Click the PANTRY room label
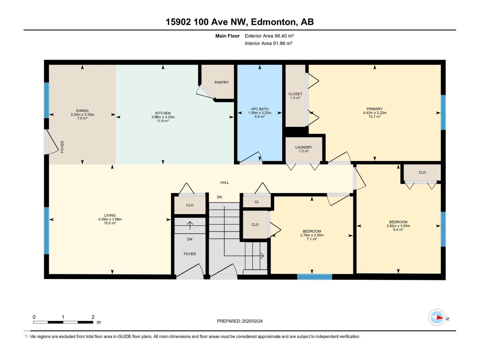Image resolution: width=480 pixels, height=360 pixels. tap(221, 82)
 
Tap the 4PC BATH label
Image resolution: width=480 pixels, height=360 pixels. tap(259, 109)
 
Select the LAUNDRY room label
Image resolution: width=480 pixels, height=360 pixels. tap(304, 147)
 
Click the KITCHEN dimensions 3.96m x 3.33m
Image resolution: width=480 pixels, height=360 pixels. tap(163, 117)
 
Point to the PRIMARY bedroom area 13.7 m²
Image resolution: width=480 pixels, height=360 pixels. tap(374, 117)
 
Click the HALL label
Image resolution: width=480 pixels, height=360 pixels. tap(224, 182)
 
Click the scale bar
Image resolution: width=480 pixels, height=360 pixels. tap(63, 322)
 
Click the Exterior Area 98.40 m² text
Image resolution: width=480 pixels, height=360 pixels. tap(269, 36)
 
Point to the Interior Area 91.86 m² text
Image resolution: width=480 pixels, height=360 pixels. tap(268, 43)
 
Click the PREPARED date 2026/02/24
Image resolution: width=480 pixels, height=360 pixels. tap(240, 321)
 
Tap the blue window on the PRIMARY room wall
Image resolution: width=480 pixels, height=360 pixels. tap(443, 112)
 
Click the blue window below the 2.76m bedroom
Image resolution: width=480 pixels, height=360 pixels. tap(314, 277)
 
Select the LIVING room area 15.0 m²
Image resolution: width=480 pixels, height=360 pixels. tap(110, 223)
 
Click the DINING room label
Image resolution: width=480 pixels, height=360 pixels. tap(82, 111)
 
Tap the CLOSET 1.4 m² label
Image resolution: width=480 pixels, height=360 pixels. tap(295, 96)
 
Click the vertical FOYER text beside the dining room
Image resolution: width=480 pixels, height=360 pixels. tap(62, 147)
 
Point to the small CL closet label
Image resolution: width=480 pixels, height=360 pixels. tap(257, 202)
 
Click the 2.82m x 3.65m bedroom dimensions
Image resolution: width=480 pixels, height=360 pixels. tap(398, 226)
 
